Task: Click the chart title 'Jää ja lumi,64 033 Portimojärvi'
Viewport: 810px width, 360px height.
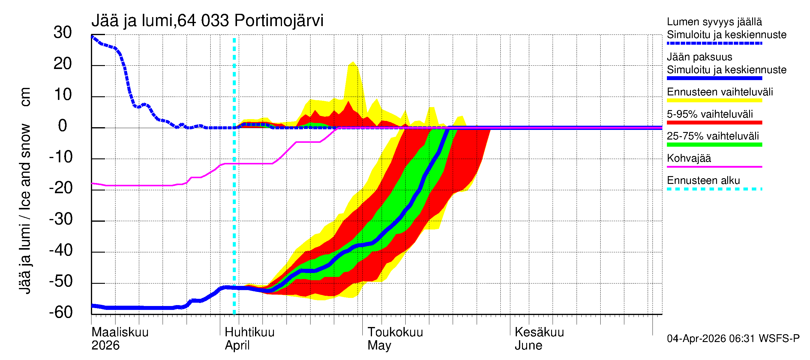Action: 207,21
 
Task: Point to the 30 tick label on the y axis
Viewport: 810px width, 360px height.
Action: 63,32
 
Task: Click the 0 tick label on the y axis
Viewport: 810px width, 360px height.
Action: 63,126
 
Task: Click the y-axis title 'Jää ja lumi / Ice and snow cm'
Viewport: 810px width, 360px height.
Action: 25,190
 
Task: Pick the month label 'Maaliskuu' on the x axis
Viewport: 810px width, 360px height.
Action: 120,332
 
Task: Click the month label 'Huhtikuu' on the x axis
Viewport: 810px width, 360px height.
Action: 249,332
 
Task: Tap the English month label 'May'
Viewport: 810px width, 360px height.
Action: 379,345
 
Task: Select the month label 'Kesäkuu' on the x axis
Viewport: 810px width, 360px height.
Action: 539,332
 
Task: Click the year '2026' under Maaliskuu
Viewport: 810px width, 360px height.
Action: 105,345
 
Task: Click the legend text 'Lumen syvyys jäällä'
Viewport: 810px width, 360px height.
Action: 714,22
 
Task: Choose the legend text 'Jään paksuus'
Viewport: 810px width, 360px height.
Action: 699,57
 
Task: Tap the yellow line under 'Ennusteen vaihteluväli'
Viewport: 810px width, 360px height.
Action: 714,100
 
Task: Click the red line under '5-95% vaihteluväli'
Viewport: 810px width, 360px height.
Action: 714,123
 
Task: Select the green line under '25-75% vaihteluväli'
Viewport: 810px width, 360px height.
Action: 714,145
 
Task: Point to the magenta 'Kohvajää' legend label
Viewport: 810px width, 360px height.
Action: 688,158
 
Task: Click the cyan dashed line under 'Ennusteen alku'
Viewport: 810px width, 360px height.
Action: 714,189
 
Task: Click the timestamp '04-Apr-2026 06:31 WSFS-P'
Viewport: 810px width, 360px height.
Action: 733,339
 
